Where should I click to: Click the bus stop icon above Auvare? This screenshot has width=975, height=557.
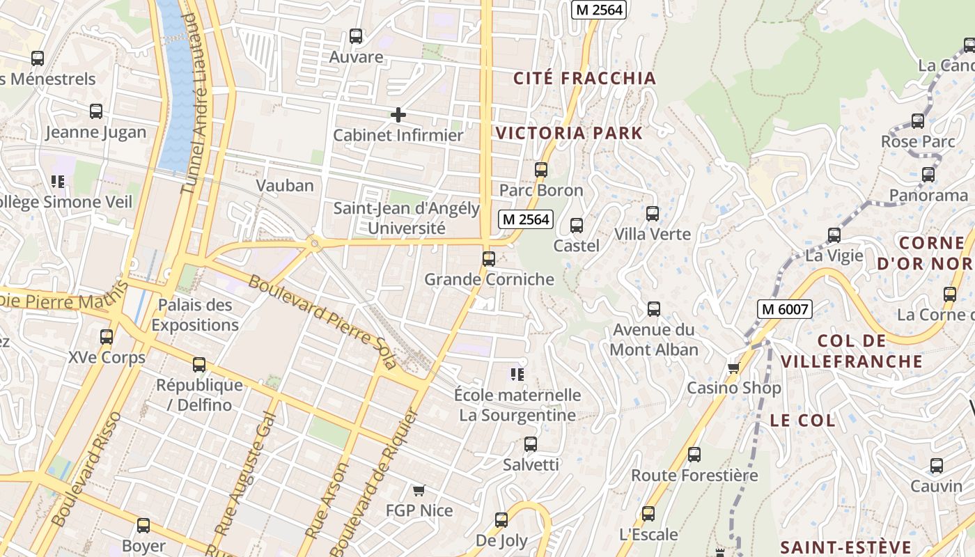356,36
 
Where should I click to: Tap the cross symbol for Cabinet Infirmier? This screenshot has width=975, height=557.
398,115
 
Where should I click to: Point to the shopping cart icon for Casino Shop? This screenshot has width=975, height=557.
733,368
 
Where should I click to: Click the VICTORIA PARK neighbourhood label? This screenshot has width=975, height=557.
569,133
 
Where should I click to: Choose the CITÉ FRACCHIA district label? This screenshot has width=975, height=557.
584,78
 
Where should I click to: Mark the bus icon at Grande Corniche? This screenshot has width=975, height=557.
489,259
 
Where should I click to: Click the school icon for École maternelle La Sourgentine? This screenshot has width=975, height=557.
517,375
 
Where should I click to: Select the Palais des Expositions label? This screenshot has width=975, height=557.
195,315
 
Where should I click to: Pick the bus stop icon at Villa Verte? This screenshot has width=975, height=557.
652,214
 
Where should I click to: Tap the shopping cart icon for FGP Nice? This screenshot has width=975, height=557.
419,491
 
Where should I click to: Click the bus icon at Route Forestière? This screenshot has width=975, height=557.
694,455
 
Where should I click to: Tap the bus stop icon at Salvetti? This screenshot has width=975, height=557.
531,444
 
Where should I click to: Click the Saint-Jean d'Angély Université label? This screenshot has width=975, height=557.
406,218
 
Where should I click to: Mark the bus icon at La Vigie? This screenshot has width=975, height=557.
834,235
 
